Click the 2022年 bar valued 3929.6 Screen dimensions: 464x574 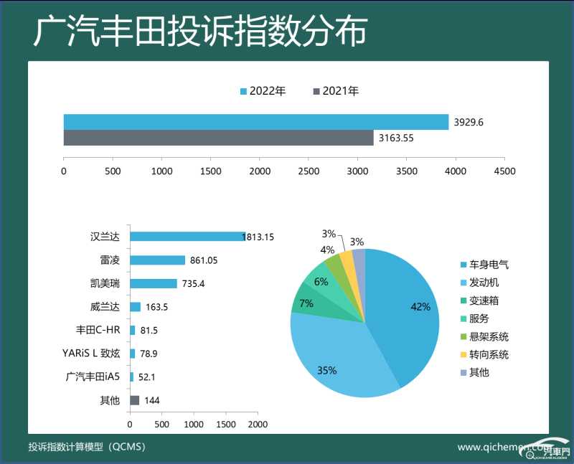(255, 122)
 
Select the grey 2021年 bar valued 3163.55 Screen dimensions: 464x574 (218, 138)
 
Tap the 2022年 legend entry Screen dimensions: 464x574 (263, 91)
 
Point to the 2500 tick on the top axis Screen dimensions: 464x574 (309, 171)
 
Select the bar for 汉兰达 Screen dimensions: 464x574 (187, 237)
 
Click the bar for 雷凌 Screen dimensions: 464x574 (157, 260)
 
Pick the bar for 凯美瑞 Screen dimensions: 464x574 (153, 283)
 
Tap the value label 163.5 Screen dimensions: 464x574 (157, 307)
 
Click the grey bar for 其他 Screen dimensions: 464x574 (134, 400)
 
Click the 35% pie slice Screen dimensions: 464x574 (330, 359)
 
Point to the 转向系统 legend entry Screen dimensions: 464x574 (488, 354)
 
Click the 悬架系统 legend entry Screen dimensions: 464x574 (488, 336)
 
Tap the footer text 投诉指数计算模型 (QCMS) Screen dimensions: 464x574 (87, 447)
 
